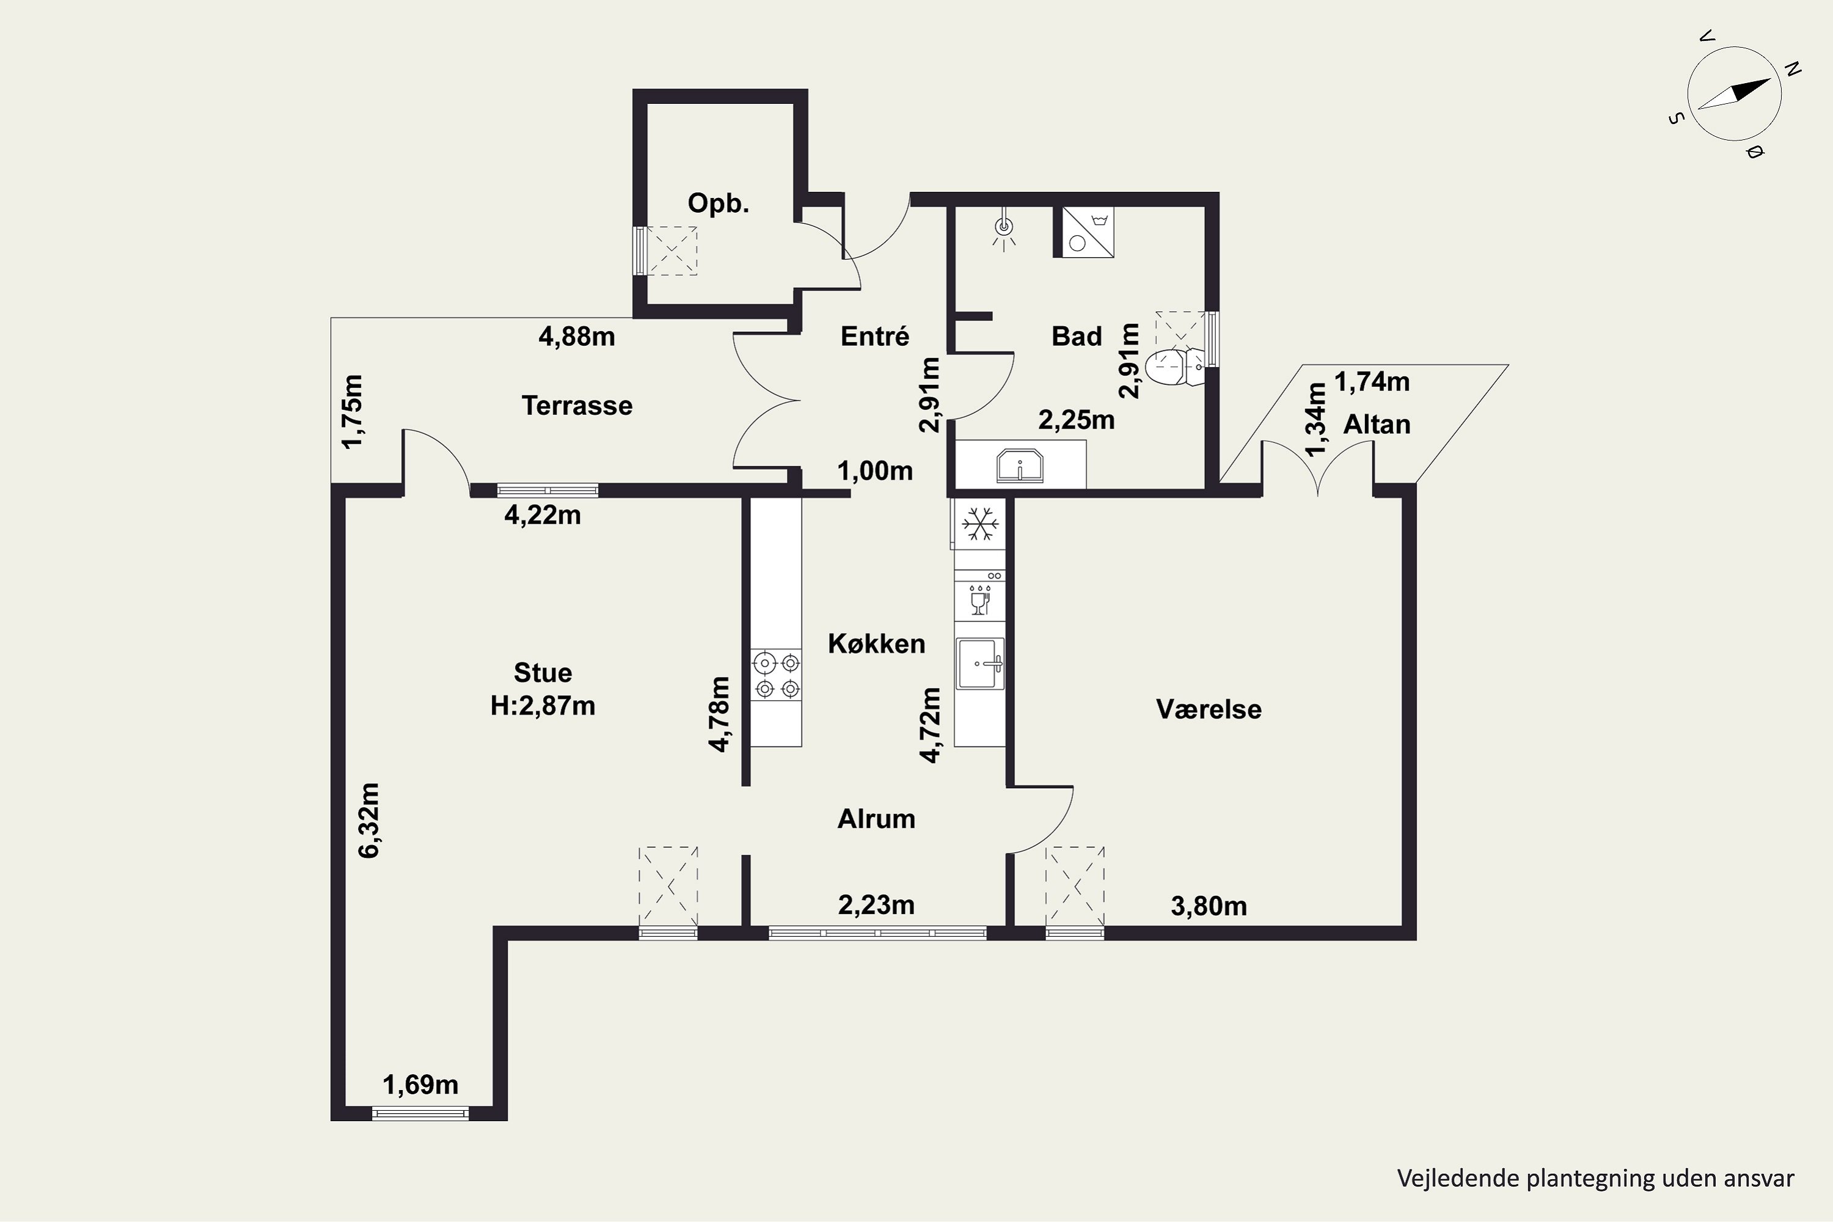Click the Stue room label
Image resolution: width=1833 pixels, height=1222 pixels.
[543, 673]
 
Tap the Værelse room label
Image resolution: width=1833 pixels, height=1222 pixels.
[1209, 709]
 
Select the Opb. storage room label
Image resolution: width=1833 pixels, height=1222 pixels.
[718, 203]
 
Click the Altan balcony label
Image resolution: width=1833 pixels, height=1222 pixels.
[1377, 425]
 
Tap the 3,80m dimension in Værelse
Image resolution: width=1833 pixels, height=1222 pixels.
[1209, 906]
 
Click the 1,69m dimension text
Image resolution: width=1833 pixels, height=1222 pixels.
[420, 1085]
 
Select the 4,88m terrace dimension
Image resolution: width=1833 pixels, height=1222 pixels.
[577, 337]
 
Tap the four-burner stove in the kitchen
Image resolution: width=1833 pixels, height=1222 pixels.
[776, 675]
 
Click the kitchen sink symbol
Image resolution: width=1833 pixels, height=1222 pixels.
[981, 664]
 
